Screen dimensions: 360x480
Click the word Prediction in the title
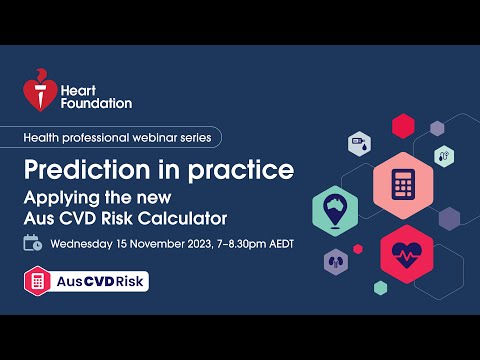point(89,168)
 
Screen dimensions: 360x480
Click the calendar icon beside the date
point(33,242)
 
